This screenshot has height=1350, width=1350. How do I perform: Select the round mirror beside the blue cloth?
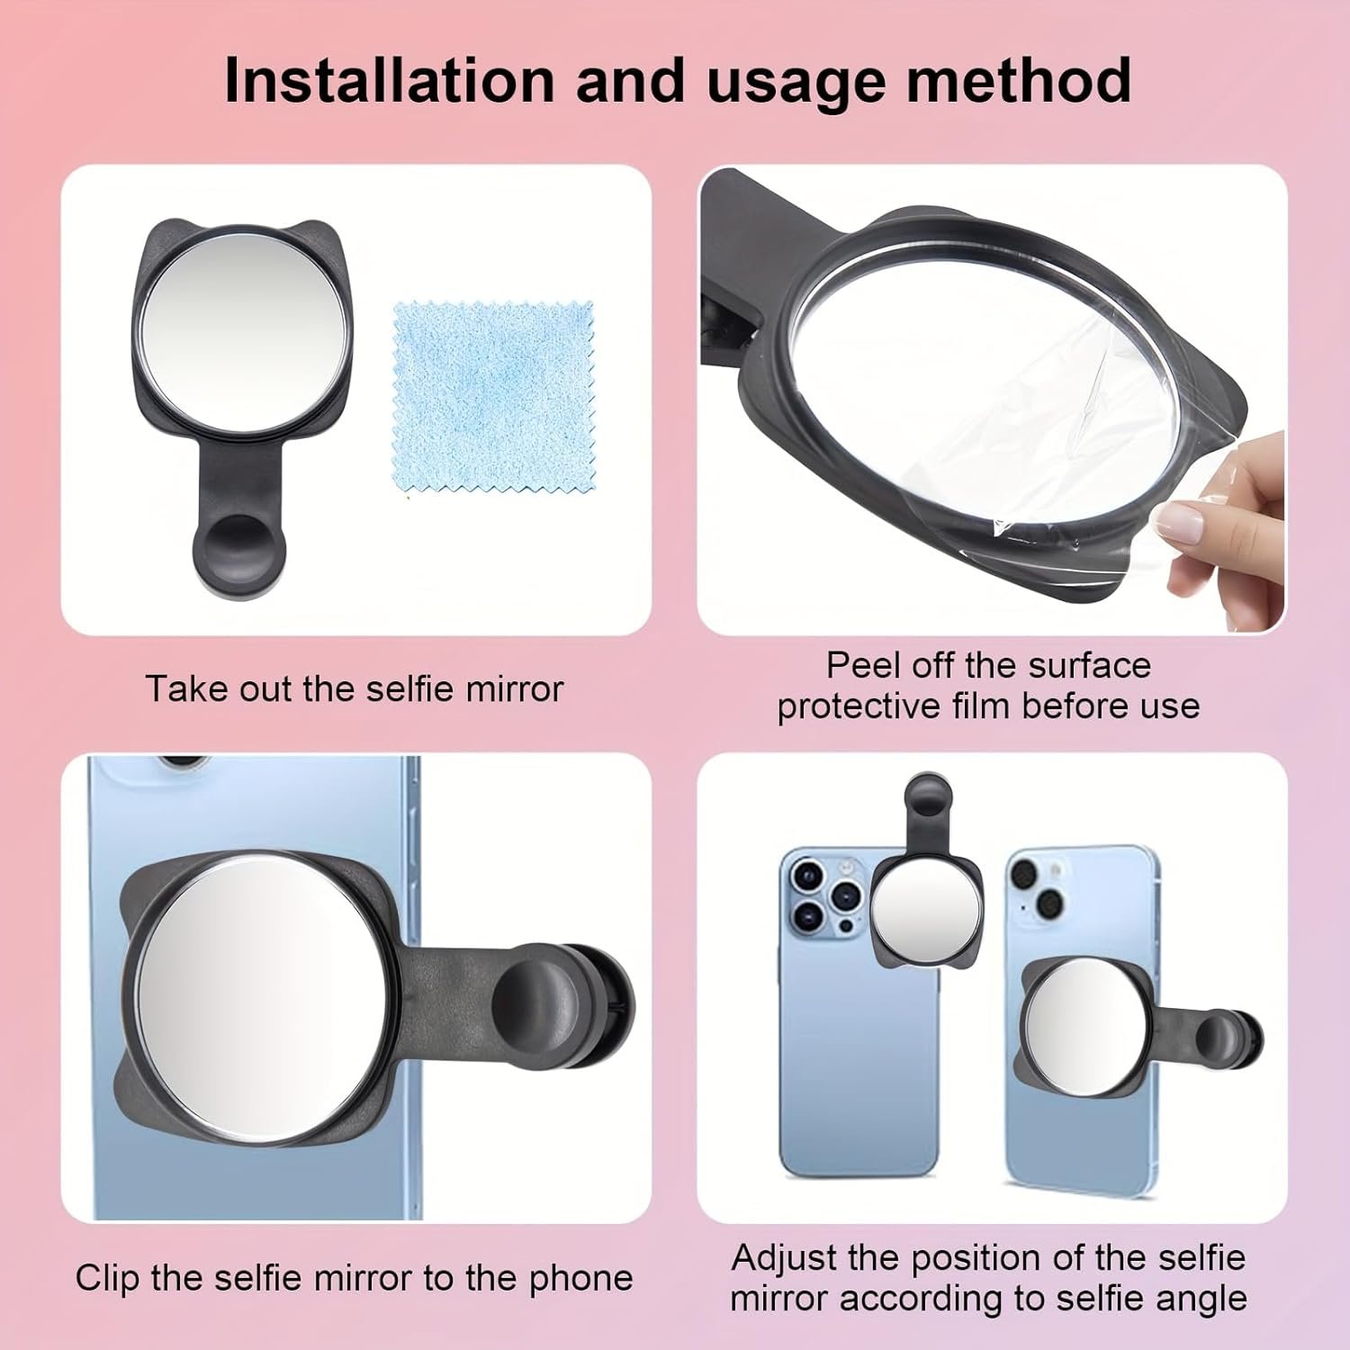(244, 332)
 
